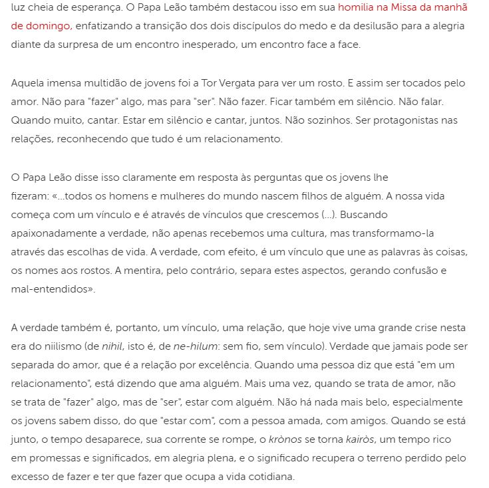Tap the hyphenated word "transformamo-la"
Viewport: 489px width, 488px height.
point(397,234)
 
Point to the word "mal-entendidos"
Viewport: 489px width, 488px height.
point(49,290)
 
